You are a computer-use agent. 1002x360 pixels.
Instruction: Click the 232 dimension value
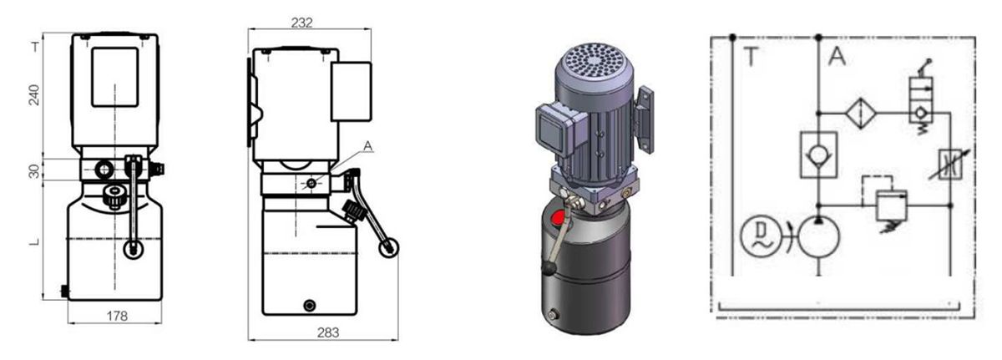(301, 23)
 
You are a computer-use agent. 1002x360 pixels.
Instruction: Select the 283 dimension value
(328, 332)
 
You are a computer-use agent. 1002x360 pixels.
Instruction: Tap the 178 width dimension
(117, 317)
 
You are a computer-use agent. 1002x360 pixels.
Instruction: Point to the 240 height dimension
(34, 94)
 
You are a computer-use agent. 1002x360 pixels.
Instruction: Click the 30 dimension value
(34, 170)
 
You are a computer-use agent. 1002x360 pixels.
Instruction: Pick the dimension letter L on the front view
(34, 242)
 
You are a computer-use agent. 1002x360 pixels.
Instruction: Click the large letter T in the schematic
(751, 57)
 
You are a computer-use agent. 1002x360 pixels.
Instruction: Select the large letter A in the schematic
(837, 57)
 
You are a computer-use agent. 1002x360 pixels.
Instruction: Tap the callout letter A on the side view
(367, 146)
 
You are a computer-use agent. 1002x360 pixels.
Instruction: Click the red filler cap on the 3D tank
(558, 219)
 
